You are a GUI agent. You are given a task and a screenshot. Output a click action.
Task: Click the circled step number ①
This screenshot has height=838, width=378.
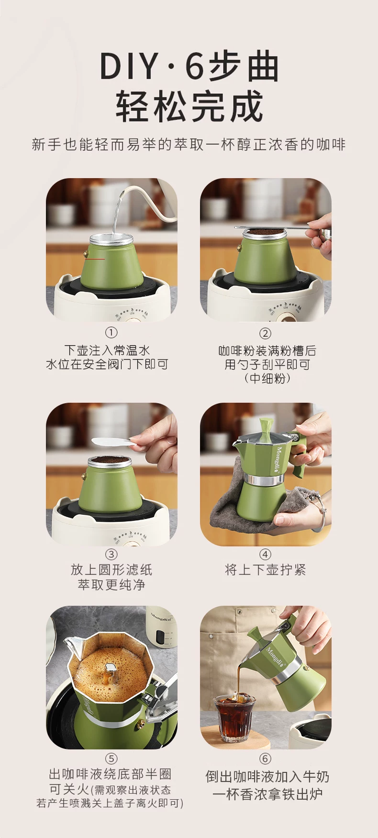pyautogui.click(x=111, y=333)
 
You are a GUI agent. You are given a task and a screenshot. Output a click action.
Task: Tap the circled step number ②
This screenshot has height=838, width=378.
pyautogui.click(x=265, y=333)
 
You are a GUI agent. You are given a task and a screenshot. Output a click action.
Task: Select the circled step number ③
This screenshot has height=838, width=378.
pyautogui.click(x=111, y=555)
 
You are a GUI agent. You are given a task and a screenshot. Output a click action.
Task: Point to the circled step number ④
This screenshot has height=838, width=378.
pyautogui.click(x=265, y=555)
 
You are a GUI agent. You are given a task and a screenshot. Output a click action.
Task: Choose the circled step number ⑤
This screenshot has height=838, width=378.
pyautogui.click(x=111, y=759)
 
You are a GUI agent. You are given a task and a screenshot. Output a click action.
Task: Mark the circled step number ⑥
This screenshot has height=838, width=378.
pyautogui.click(x=265, y=759)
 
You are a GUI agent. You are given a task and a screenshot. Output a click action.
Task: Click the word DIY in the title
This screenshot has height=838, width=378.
pyautogui.click(x=129, y=67)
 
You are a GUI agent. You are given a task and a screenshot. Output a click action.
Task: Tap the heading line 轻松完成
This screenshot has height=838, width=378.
pyautogui.click(x=189, y=106)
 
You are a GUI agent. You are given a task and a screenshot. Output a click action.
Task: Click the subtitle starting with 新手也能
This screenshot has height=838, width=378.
pyautogui.click(x=189, y=145)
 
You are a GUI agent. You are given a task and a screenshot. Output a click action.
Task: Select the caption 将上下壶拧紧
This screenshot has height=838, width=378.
pyautogui.click(x=265, y=570)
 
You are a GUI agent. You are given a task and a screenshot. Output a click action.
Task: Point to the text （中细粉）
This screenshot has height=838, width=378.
pyautogui.click(x=267, y=378)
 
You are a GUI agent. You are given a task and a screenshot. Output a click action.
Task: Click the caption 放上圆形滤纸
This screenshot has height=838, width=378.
pyautogui.click(x=111, y=570)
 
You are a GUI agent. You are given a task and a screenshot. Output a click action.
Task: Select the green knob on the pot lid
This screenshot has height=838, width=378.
pyautogui.click(x=266, y=424)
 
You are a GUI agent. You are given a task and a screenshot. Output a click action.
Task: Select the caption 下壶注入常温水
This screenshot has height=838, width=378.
pyautogui.click(x=107, y=351)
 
